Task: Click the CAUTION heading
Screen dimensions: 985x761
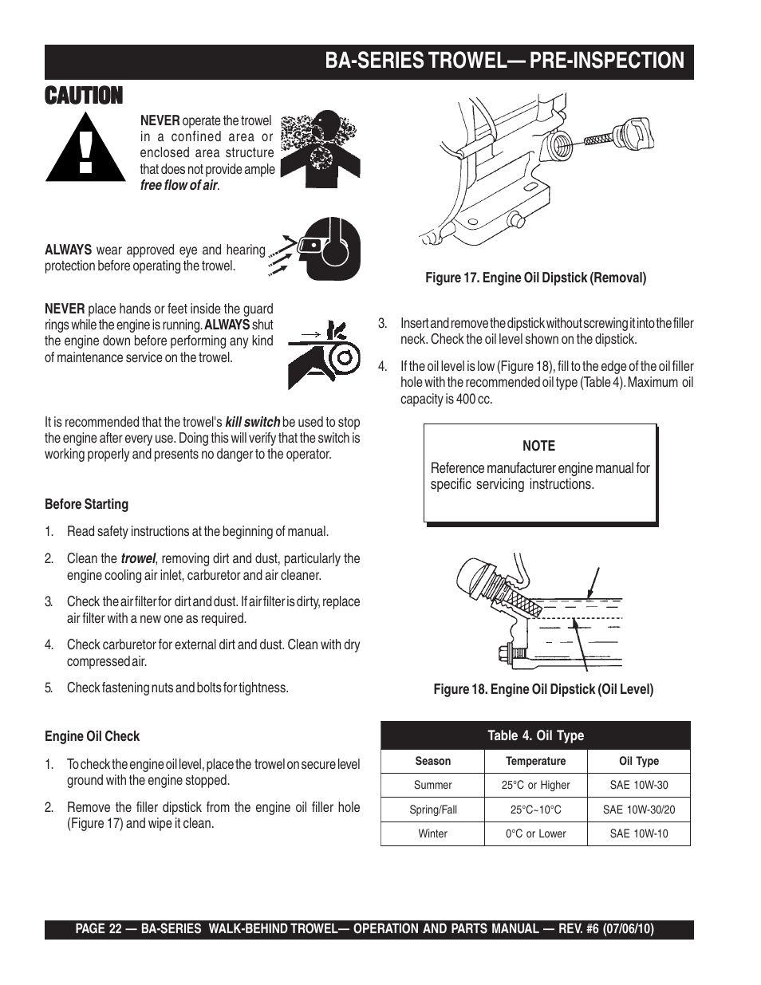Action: click(x=84, y=96)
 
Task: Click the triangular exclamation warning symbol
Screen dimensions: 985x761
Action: click(x=85, y=147)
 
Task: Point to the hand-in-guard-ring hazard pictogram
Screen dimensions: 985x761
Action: click(x=323, y=349)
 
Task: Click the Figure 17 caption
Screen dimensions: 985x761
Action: click(x=535, y=278)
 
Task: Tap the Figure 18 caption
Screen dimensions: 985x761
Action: click(x=543, y=689)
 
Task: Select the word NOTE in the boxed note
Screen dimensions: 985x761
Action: click(x=538, y=446)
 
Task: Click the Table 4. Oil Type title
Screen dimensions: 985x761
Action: click(x=535, y=735)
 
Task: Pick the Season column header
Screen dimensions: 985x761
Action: click(x=432, y=761)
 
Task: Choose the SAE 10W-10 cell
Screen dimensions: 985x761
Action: click(x=638, y=833)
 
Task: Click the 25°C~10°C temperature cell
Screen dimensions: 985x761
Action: click(x=535, y=810)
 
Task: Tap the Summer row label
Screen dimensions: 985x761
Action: click(x=432, y=785)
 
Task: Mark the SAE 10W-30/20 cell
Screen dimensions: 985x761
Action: click(x=638, y=810)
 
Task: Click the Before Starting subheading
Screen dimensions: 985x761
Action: click(x=86, y=504)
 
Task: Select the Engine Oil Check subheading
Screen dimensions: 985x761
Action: click(x=92, y=736)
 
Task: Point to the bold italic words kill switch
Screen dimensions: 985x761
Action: click(x=252, y=422)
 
